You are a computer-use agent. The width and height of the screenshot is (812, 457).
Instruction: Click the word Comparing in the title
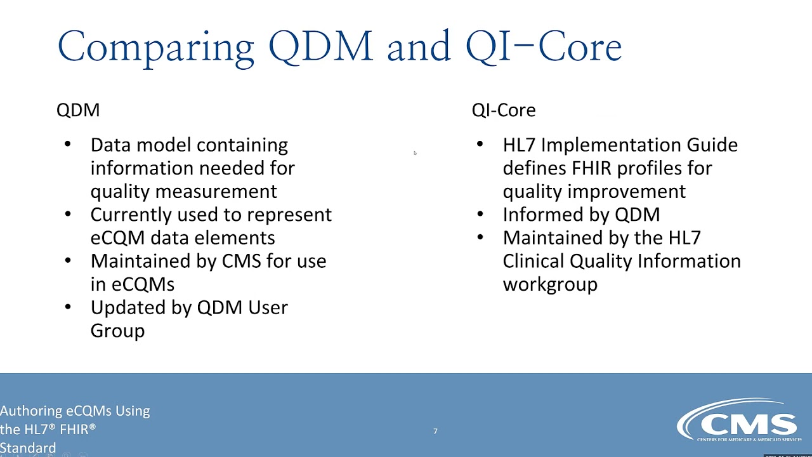pos(155,47)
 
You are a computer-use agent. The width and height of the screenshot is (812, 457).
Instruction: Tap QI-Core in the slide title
pos(543,47)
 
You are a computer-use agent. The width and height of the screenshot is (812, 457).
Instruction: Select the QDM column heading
pos(78,110)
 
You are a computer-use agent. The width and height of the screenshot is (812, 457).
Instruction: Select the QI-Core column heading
pos(503,110)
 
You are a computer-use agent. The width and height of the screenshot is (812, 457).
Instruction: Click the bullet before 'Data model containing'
pos(68,145)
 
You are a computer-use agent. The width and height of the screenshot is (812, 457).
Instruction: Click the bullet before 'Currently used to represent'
pos(68,215)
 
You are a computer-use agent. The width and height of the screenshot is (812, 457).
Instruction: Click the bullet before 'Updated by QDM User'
pos(68,307)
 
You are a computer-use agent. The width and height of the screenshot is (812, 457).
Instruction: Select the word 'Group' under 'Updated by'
pos(117,331)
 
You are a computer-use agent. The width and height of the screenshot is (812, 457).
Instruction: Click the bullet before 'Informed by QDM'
pos(480,215)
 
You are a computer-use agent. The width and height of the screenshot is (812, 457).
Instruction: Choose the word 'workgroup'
pos(550,284)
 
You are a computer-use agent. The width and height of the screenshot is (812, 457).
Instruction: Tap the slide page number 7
pos(435,432)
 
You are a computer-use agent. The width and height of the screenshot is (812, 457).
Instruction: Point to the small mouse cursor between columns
pos(415,152)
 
